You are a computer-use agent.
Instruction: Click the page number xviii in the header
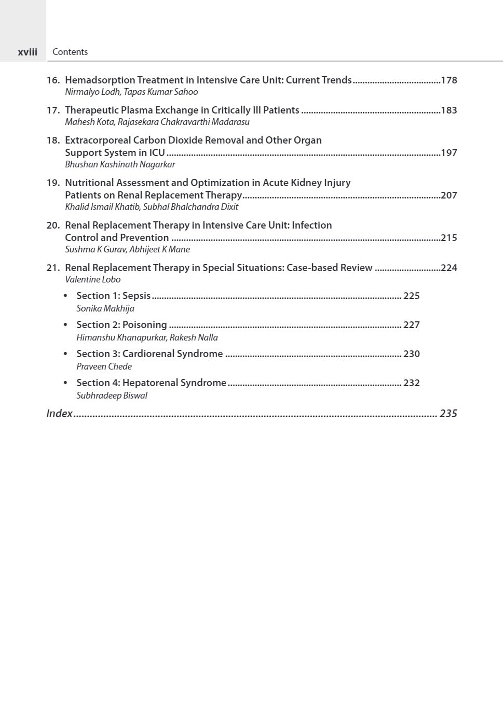pos(28,52)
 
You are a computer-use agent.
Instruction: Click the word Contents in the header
pos(70,52)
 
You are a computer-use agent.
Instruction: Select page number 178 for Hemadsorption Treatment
pos(448,80)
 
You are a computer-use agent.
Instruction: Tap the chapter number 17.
pos(52,110)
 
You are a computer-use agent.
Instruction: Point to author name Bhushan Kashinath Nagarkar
pos(120,164)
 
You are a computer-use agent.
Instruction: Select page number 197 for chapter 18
pos(448,153)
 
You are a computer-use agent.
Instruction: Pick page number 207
pos(448,195)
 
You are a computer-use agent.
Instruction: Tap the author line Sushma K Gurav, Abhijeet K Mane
pos(127,249)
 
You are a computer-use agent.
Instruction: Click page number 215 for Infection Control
pos(448,238)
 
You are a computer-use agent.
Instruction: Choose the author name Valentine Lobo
pos(92,279)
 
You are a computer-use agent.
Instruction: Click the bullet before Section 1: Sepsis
pos(65,296)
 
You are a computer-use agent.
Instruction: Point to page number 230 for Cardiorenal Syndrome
pos(412,354)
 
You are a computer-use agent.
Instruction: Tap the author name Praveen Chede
pos(104,366)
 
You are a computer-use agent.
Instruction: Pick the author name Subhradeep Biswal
pos(112,395)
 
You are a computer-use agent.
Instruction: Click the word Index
pos(59,414)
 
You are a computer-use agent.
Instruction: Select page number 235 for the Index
pos(448,414)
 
